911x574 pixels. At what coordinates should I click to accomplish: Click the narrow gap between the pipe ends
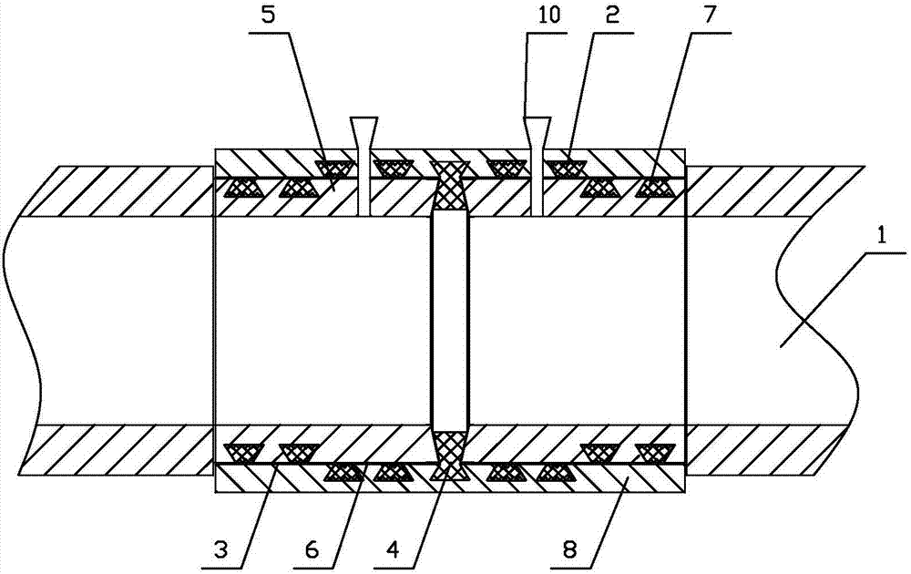pyautogui.click(x=450, y=319)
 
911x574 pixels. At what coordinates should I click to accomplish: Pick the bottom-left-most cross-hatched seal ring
pyautogui.click(x=241, y=451)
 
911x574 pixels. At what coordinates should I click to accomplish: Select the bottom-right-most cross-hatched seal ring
pyautogui.click(x=655, y=451)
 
